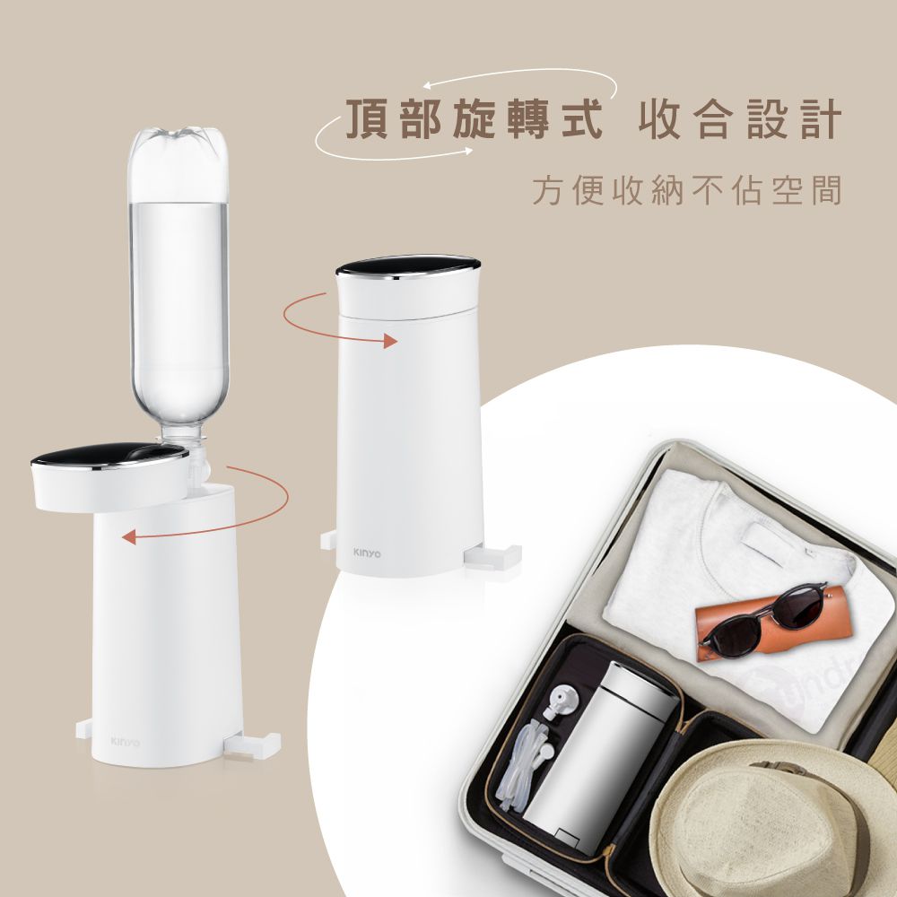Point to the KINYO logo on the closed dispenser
tap(367, 553)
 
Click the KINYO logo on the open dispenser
tap(126, 742)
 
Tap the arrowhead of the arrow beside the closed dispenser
tap(391, 341)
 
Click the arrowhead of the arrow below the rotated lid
tap(129, 537)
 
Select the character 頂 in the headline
tap(367, 119)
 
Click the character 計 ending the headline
tap(821, 119)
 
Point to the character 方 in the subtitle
tap(547, 190)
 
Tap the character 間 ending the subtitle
tap(827, 190)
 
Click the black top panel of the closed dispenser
tap(407, 266)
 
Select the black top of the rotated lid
tap(109, 457)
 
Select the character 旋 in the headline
tap(474, 119)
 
